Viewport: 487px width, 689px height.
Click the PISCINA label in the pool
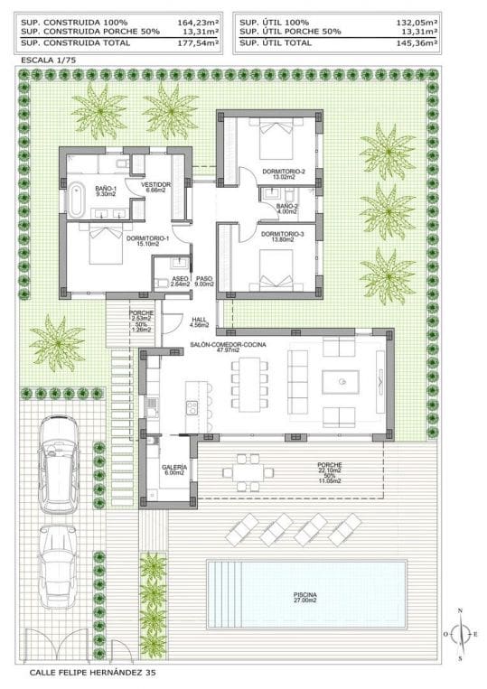[x=304, y=596]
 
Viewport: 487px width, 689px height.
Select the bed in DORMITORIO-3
[x=273, y=268]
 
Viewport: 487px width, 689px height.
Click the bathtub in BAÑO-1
[x=78, y=197]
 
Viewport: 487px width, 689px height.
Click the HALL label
[x=199, y=321]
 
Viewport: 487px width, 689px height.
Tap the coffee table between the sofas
[x=342, y=383]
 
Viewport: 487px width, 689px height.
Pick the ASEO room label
[x=180, y=280]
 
